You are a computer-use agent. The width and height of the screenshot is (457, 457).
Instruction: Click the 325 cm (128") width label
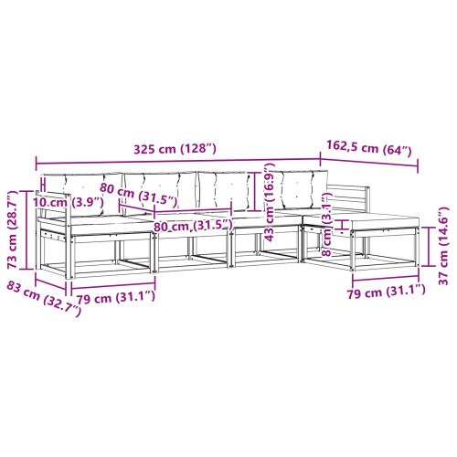(x=178, y=150)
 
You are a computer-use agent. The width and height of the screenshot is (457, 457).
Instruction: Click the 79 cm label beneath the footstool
(x=381, y=291)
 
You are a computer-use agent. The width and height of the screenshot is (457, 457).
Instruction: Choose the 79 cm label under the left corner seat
(x=114, y=296)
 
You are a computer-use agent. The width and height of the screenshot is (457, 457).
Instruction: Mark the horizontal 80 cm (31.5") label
(x=194, y=225)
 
